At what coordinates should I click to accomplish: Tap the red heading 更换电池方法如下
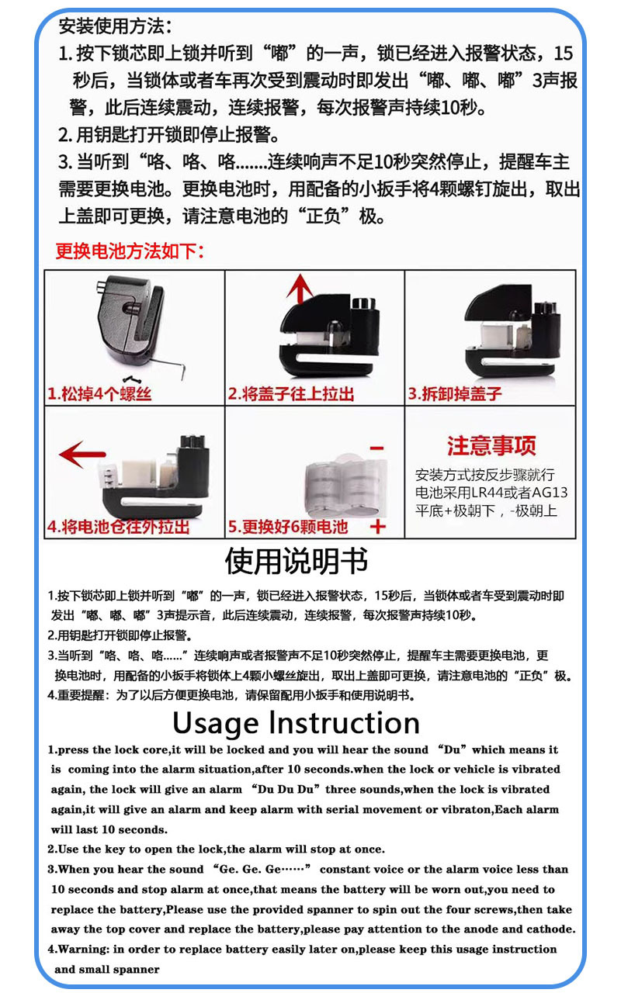(130, 251)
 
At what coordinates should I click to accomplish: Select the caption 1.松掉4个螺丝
(99, 394)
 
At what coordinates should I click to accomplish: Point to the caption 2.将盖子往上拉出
(291, 394)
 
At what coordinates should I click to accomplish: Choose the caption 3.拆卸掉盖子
(456, 394)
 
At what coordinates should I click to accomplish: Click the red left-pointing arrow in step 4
(82, 454)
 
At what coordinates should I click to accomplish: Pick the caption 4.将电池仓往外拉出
(118, 527)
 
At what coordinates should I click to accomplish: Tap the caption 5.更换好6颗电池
(288, 527)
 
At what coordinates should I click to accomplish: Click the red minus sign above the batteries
(376, 449)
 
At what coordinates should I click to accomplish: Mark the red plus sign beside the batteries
(378, 527)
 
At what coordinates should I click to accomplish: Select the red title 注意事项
(491, 446)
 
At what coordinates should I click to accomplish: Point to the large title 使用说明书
(296, 561)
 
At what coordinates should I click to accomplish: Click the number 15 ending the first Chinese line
(564, 54)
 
